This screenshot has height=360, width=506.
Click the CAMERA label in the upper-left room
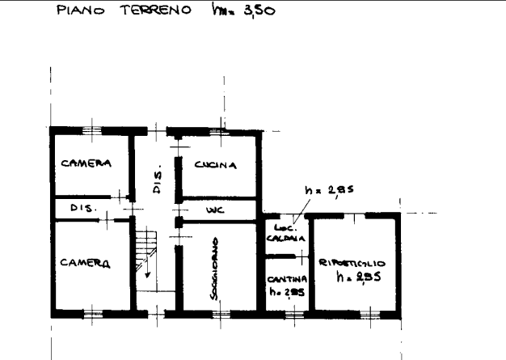tap(85, 164)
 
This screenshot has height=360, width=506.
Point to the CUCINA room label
tap(216, 165)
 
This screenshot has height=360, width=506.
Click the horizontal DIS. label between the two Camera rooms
tap(82, 210)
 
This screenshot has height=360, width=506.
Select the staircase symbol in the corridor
tap(145, 247)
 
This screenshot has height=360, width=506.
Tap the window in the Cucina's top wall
tap(216, 130)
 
